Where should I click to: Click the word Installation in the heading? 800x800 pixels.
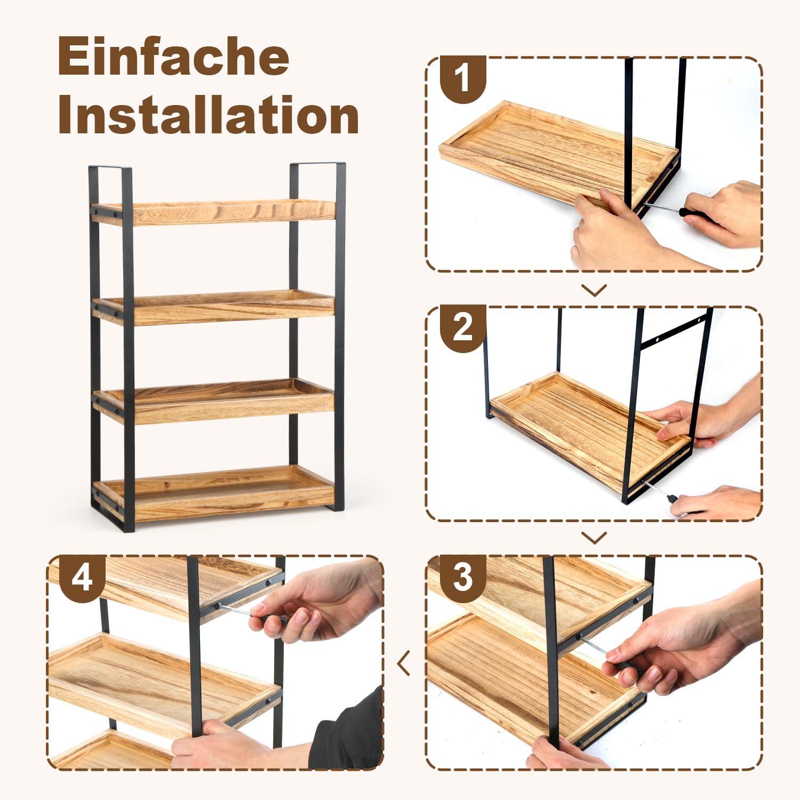208,115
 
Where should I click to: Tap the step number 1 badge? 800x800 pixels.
462,78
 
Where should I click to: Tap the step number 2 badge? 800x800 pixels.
462,327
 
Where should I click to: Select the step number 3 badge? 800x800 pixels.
462,577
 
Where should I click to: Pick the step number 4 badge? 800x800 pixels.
82,577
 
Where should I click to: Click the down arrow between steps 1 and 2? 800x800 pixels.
594,290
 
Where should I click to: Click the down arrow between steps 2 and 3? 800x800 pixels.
594,538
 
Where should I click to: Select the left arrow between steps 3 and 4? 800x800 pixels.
404,663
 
